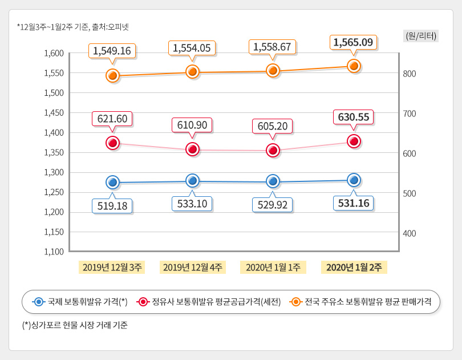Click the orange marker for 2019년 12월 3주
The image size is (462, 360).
pyautogui.click(x=112, y=76)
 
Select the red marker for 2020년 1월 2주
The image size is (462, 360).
pyautogui.click(x=354, y=141)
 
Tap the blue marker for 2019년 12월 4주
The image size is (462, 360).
pyautogui.click(x=193, y=181)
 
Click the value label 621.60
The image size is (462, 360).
pyautogui.click(x=112, y=119)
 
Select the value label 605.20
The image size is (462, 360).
pyautogui.click(x=273, y=126)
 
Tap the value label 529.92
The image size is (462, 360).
pyautogui.click(x=273, y=205)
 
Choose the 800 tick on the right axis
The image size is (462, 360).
pyautogui.click(x=410, y=74)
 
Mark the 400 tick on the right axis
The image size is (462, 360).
pyautogui.click(x=410, y=233)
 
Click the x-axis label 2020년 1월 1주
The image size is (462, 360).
pyautogui.click(x=273, y=267)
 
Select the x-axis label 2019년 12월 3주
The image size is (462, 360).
pyautogui.click(x=112, y=267)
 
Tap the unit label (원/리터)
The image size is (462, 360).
pyautogui.click(x=421, y=35)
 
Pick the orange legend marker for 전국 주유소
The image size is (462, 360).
pyautogui.click(x=295, y=302)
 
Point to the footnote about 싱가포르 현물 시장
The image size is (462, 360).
pyautogui.click(x=75, y=326)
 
